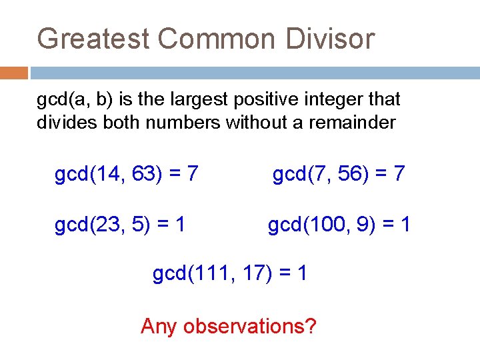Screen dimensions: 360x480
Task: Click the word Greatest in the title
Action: tap(93, 39)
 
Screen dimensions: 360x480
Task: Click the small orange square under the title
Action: tap(13, 73)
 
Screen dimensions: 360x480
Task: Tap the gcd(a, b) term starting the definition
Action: tap(69, 100)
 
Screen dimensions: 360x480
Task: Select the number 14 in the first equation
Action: tap(111, 175)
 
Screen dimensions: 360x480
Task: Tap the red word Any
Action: tap(159, 327)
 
